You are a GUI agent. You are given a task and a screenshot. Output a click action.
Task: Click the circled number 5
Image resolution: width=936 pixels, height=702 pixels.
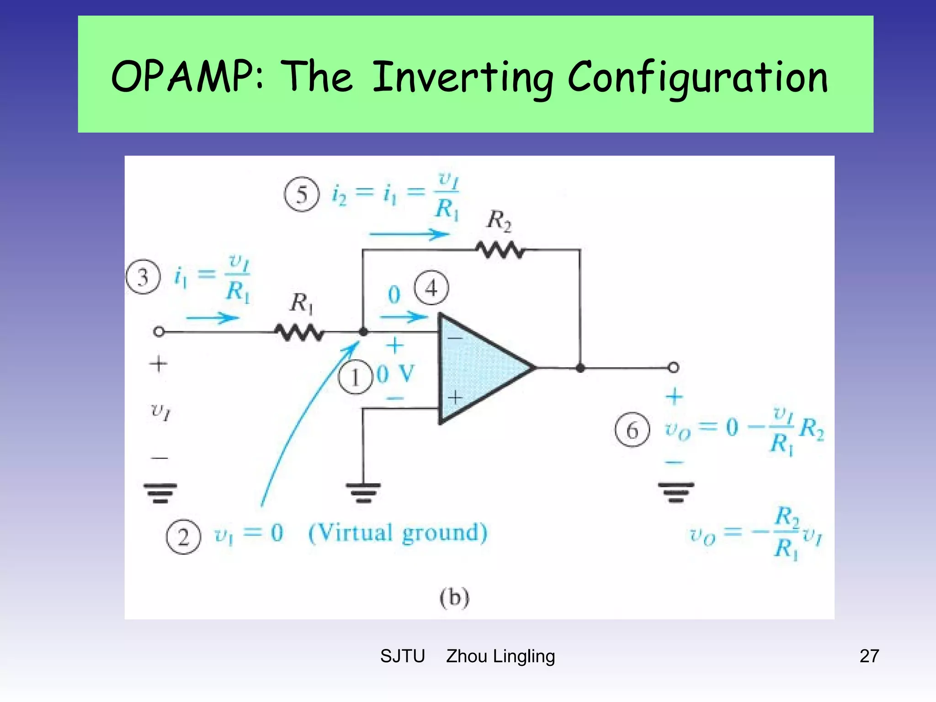(302, 194)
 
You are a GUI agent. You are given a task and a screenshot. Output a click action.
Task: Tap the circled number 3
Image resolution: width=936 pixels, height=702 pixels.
(143, 277)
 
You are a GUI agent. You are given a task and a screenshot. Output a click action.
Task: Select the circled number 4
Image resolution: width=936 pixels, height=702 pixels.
(431, 288)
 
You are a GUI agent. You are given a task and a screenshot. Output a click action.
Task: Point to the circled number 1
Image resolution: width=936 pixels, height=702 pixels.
(355, 378)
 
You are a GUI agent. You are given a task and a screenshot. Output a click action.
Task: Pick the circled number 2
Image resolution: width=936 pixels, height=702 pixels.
(183, 537)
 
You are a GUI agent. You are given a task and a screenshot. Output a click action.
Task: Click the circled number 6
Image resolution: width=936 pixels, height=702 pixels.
(632, 430)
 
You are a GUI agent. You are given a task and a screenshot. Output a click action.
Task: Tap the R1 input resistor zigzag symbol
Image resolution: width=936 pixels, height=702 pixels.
(300, 332)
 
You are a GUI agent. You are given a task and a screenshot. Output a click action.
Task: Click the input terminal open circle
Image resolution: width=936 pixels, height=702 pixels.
(159, 332)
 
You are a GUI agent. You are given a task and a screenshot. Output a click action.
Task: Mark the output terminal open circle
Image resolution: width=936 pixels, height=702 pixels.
(673, 367)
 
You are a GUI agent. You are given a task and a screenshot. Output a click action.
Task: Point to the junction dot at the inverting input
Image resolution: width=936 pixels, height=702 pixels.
(363, 332)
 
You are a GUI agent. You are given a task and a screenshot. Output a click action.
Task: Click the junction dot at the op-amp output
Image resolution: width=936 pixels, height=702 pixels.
(580, 368)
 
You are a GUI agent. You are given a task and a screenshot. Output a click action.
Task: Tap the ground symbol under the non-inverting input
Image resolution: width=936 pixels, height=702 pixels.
(363, 492)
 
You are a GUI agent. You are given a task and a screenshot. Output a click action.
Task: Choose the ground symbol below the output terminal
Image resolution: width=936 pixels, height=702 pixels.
(676, 492)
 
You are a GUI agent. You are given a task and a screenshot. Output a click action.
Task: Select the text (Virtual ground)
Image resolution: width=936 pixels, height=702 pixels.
(398, 533)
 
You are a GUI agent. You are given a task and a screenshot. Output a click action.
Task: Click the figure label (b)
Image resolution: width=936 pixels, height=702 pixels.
(454, 597)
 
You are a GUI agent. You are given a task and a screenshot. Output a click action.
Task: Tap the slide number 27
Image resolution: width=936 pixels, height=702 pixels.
(869, 656)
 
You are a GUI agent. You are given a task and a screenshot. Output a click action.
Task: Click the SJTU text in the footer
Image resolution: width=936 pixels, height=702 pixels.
(402, 656)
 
